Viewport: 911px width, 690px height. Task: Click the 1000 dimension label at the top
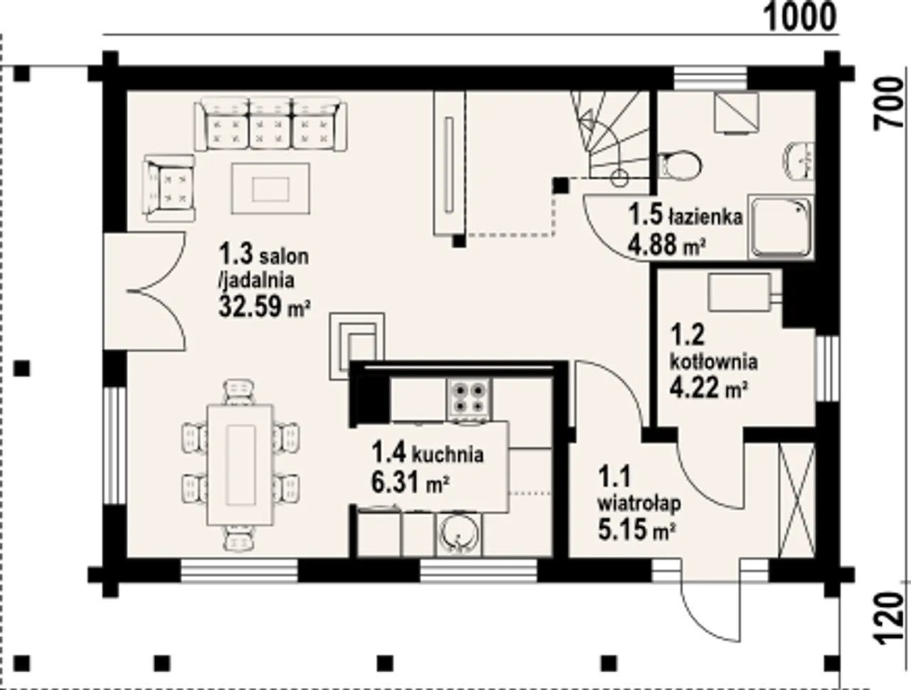(799, 17)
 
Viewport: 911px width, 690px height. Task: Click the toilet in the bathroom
(680, 165)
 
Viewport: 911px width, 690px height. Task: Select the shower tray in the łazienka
(781, 227)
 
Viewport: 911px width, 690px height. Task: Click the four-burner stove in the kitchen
(470, 398)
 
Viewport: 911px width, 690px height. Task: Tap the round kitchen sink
(458, 535)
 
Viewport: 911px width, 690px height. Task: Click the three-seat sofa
(270, 124)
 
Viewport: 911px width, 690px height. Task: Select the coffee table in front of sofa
(270, 189)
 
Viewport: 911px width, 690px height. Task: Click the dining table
(241, 465)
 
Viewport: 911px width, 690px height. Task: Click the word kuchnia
(448, 454)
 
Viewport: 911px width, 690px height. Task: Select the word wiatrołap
(639, 504)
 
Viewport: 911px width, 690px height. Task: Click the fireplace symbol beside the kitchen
(357, 346)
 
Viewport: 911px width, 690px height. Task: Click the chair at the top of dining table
(239, 392)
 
